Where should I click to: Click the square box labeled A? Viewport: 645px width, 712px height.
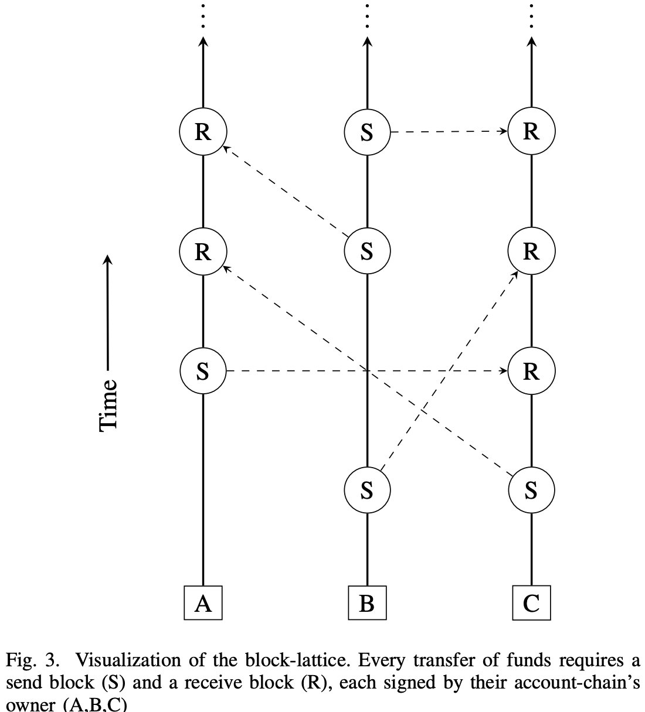click(x=203, y=603)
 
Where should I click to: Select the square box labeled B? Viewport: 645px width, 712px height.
click(x=367, y=603)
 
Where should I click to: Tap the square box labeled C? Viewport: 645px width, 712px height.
click(x=531, y=603)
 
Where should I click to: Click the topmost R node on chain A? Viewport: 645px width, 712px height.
click(x=203, y=132)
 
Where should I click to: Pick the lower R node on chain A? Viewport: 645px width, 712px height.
click(x=203, y=251)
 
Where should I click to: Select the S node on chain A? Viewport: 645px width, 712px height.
click(x=203, y=371)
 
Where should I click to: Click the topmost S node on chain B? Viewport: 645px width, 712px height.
click(x=367, y=132)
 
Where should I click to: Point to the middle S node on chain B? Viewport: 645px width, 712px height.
click(x=367, y=251)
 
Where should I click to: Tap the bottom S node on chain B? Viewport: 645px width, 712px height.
click(x=367, y=490)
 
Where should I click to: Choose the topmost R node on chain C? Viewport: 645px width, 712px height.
click(x=531, y=132)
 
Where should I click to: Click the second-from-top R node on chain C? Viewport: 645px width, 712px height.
click(x=531, y=251)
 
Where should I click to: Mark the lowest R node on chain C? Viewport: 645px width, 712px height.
click(x=531, y=371)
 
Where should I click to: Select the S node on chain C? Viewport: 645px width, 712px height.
click(x=531, y=490)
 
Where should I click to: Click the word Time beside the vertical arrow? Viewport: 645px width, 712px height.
click(x=109, y=405)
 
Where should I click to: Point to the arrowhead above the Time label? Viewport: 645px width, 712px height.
click(x=108, y=259)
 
